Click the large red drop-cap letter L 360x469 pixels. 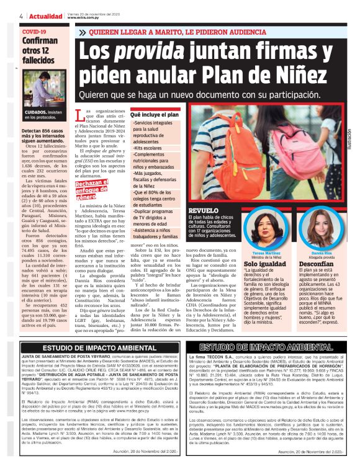tap(88, 116)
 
